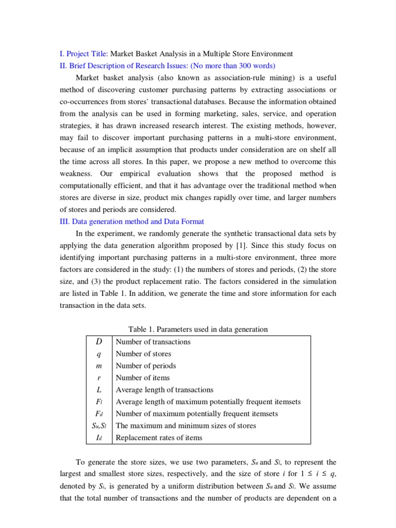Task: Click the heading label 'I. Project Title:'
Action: coord(84,54)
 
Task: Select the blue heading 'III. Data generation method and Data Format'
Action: coord(132,222)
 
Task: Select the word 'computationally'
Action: coord(88,186)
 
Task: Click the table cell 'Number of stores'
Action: coord(143,354)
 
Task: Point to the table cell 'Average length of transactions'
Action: coord(164,390)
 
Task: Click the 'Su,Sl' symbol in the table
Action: coord(98,426)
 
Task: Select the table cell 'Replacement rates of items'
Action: coord(159,438)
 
